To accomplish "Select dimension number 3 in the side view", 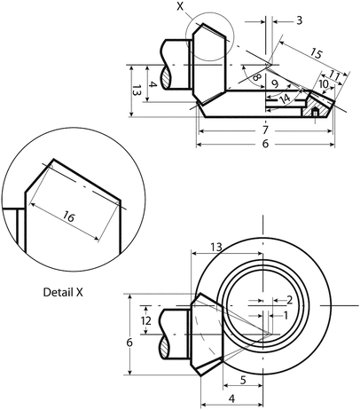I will (x=299, y=20).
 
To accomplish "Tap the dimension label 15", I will (x=317, y=53).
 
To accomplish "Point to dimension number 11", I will (x=335, y=75).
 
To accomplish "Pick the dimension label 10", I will (x=324, y=83).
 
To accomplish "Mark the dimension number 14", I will (x=285, y=99).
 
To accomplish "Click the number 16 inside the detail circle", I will (x=68, y=215).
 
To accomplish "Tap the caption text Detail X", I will (x=67, y=291).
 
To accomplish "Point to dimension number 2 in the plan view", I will (x=289, y=299).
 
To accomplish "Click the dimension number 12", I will (x=147, y=319).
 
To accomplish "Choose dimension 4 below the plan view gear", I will (x=231, y=400).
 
